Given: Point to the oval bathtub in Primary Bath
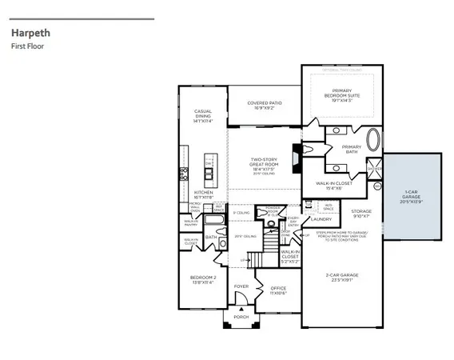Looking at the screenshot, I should click(372, 142).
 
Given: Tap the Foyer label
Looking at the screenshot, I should click(241, 286).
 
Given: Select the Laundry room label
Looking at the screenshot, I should click(321, 218).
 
